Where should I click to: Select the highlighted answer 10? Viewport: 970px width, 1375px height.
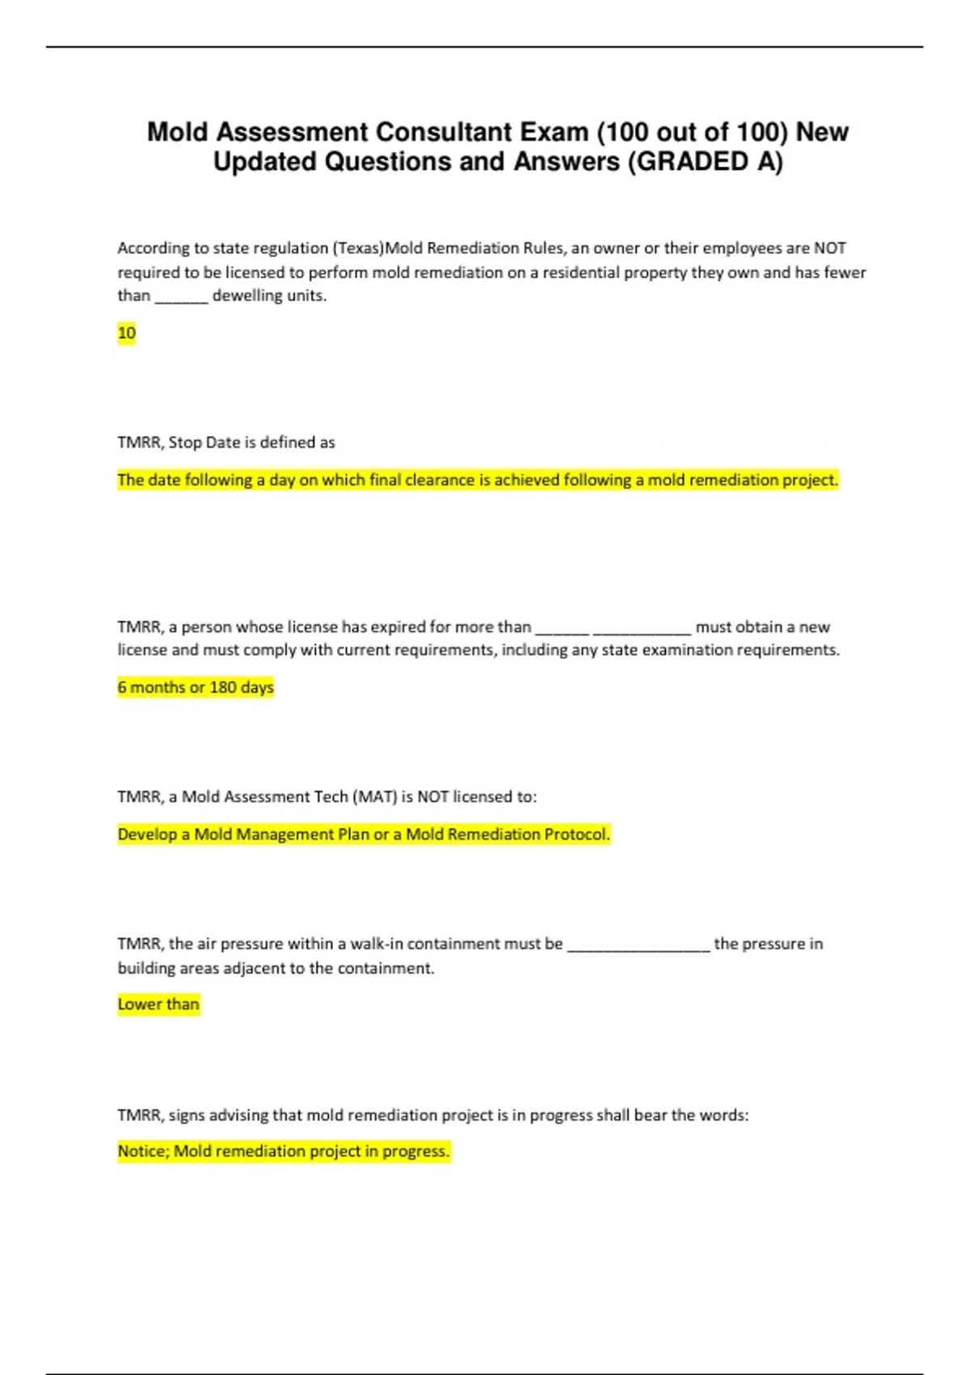coord(127,333)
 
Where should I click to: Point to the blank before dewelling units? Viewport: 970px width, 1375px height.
coord(182,296)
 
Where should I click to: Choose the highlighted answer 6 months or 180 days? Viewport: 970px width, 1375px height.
coord(196,687)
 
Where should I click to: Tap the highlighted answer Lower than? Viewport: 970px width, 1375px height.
coord(158,1005)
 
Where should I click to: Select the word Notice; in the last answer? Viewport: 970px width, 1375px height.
coord(143,1151)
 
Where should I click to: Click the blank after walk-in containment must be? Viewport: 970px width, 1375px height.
coord(639,945)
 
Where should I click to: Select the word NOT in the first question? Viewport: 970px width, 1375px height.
coord(829,248)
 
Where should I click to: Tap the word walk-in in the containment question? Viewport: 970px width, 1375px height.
coord(376,944)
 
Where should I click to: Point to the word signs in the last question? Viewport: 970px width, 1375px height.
coord(187,1115)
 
